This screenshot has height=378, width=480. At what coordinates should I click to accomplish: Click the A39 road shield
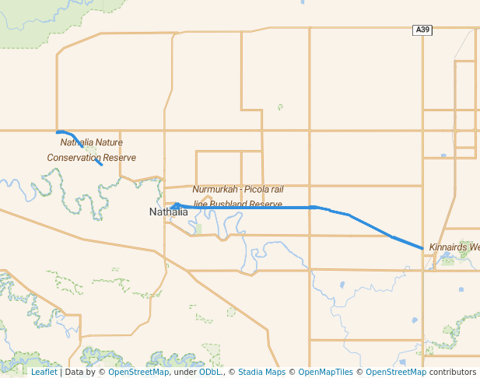[422, 30]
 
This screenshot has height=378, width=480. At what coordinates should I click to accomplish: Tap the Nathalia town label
[168, 212]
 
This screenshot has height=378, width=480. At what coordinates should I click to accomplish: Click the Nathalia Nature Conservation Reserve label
[92, 149]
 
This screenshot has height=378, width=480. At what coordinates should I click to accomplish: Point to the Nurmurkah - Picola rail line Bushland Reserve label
[237, 196]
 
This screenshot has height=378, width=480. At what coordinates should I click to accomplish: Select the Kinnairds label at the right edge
[454, 247]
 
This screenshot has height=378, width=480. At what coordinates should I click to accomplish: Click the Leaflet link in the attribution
[44, 372]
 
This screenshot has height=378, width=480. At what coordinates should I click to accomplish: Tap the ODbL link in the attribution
[210, 372]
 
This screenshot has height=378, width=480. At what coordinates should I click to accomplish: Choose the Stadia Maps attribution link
[261, 372]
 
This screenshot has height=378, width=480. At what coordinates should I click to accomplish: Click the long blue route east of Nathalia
[257, 208]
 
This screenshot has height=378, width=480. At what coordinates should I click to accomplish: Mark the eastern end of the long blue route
[422, 249]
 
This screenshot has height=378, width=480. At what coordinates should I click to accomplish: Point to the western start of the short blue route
[58, 132]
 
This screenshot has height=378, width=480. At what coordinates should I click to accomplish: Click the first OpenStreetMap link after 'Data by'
[138, 372]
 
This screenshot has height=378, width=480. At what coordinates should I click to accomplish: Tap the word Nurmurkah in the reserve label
[212, 189]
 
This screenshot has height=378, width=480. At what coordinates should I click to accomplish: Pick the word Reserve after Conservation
[121, 157]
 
